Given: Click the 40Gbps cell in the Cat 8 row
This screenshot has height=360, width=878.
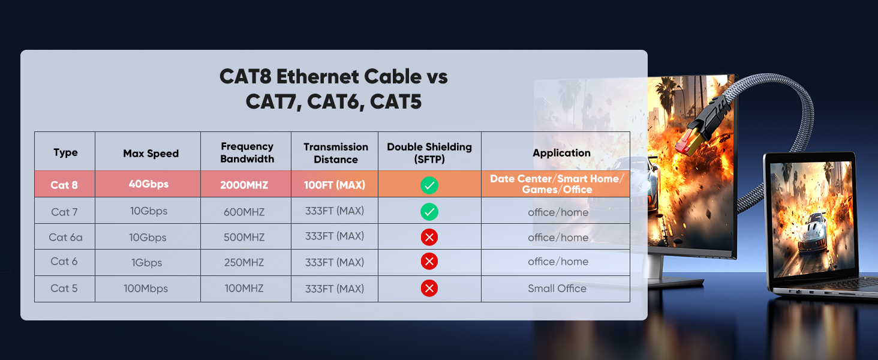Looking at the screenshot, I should click(x=148, y=184).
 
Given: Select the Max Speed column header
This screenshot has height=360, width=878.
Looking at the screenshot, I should click(x=151, y=153).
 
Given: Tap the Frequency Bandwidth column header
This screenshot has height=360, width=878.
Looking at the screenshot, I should click(x=246, y=152).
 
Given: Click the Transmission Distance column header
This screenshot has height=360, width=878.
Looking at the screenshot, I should click(x=335, y=153).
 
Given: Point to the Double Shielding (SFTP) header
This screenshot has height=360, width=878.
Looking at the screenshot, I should click(x=429, y=153).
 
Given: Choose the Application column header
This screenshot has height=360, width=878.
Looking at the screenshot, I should click(x=561, y=153).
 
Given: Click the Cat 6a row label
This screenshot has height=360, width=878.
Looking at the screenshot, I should click(x=65, y=237).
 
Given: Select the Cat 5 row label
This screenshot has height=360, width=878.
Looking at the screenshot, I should click(x=64, y=289).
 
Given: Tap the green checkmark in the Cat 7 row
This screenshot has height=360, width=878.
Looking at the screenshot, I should click(x=429, y=212).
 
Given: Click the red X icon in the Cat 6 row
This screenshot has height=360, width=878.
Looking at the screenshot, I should click(x=429, y=262).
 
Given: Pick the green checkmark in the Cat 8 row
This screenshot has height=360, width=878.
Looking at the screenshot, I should click(x=429, y=185).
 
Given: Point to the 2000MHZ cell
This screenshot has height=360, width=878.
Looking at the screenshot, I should click(x=244, y=185).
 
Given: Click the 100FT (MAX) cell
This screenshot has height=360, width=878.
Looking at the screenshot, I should click(x=335, y=185).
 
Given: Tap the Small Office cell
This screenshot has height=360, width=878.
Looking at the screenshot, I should click(x=557, y=289).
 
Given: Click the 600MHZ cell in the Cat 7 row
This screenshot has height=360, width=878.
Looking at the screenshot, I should click(x=244, y=212).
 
